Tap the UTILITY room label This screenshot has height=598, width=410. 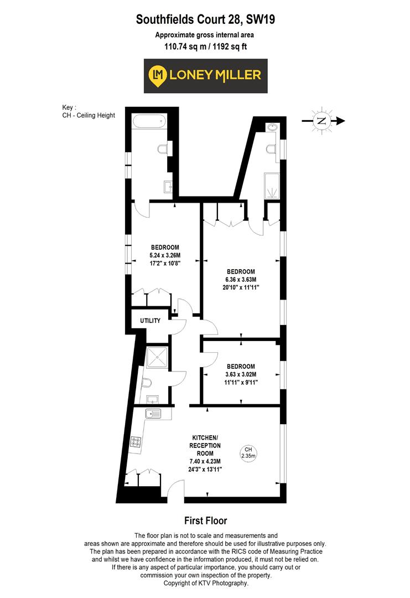coord(150,321)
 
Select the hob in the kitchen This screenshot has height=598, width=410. coord(136,442)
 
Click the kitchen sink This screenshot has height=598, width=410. coord(152,413)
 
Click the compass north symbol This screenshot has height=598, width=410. coord(321,121)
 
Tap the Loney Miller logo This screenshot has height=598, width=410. coord(205,75)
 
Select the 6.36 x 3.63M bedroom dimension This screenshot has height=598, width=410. coord(241,280)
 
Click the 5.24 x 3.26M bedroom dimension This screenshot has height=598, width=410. coord(165,255)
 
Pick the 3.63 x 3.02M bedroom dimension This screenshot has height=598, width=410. coord(241,374)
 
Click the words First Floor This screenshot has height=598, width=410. coord(205,520)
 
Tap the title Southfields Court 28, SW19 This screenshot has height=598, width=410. coord(205,20)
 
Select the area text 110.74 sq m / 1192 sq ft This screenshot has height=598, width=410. coord(205,47)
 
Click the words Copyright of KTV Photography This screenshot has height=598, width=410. coord(205,583)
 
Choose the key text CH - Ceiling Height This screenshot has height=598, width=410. coord(89,115)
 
